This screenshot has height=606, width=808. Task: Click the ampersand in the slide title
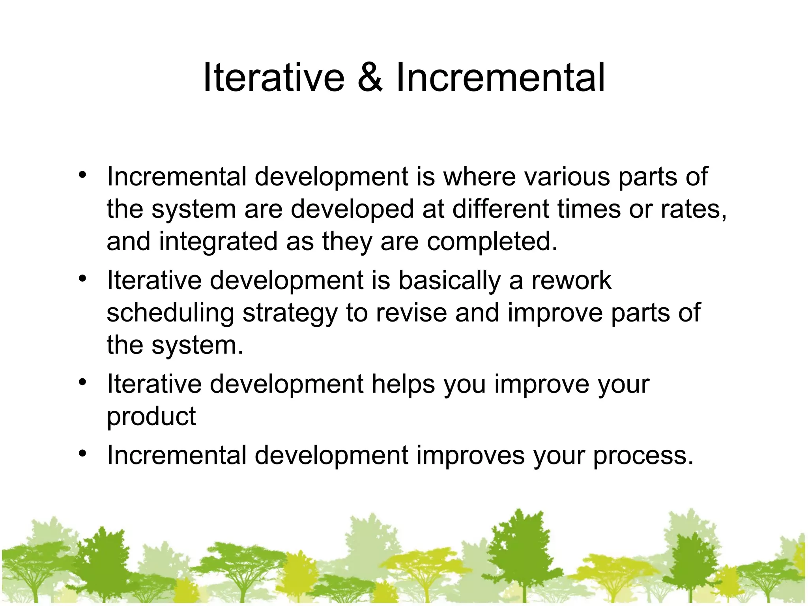tap(370, 78)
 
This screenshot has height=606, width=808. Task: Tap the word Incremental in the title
tap(500, 78)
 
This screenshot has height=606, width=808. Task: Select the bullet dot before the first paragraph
tap(82, 175)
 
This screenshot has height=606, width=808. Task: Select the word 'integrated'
tap(218, 241)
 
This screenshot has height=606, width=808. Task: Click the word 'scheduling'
tap(170, 313)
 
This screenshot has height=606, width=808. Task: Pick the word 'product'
tap(151, 417)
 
